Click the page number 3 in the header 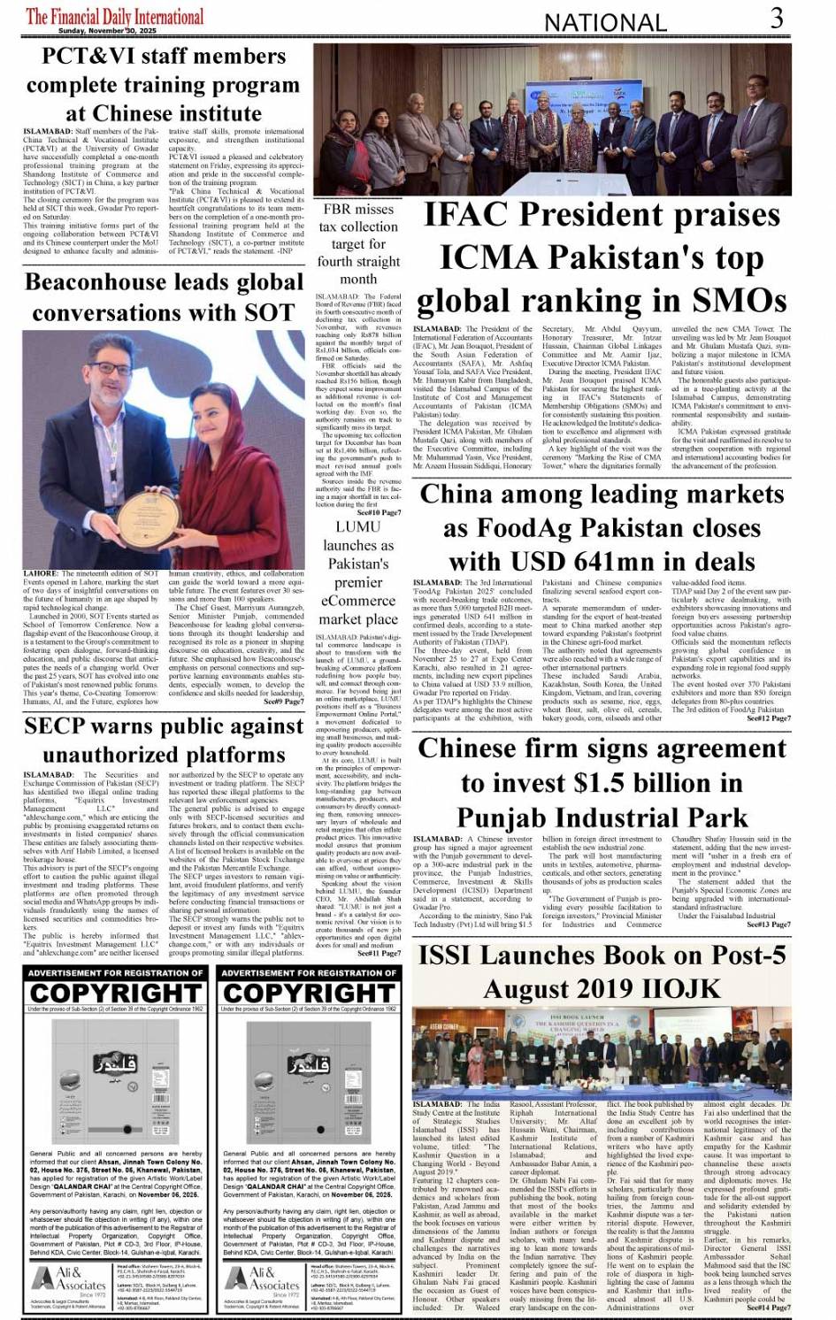(x=776, y=18)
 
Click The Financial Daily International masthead (x=115, y=16)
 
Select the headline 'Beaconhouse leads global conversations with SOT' (x=164, y=297)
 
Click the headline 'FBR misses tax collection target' (x=358, y=243)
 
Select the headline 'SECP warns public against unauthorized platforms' (x=164, y=741)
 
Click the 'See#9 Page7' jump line (x=283, y=701)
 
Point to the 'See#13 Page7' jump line (x=769, y=924)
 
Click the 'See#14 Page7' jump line (x=769, y=1307)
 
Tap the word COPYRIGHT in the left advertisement (x=116, y=993)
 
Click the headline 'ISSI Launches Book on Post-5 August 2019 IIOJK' (x=602, y=971)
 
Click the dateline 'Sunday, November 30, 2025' (x=99, y=31)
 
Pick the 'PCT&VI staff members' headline (x=164, y=85)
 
